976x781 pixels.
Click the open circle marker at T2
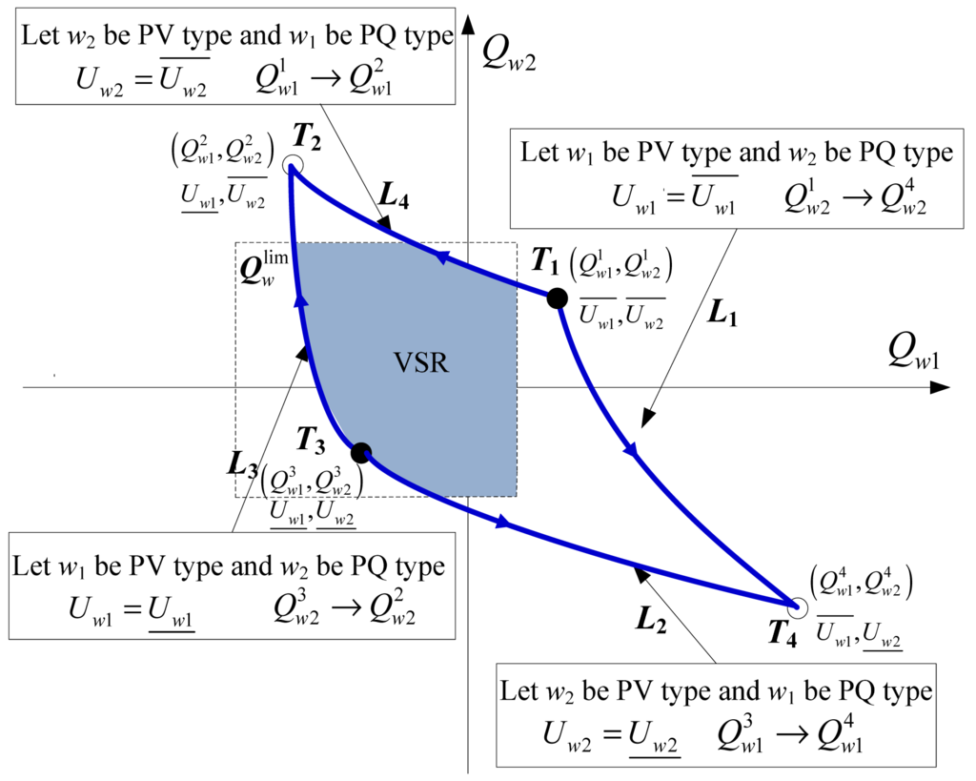click(x=292, y=168)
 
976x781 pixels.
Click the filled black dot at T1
click(x=557, y=298)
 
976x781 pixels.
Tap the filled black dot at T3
click(x=360, y=453)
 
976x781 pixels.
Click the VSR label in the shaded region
click(x=421, y=363)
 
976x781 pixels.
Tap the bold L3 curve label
click(x=243, y=462)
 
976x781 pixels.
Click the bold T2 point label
click(x=306, y=136)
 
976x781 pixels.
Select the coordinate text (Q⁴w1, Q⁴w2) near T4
click(x=862, y=583)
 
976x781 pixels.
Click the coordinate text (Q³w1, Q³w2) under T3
click(x=312, y=483)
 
